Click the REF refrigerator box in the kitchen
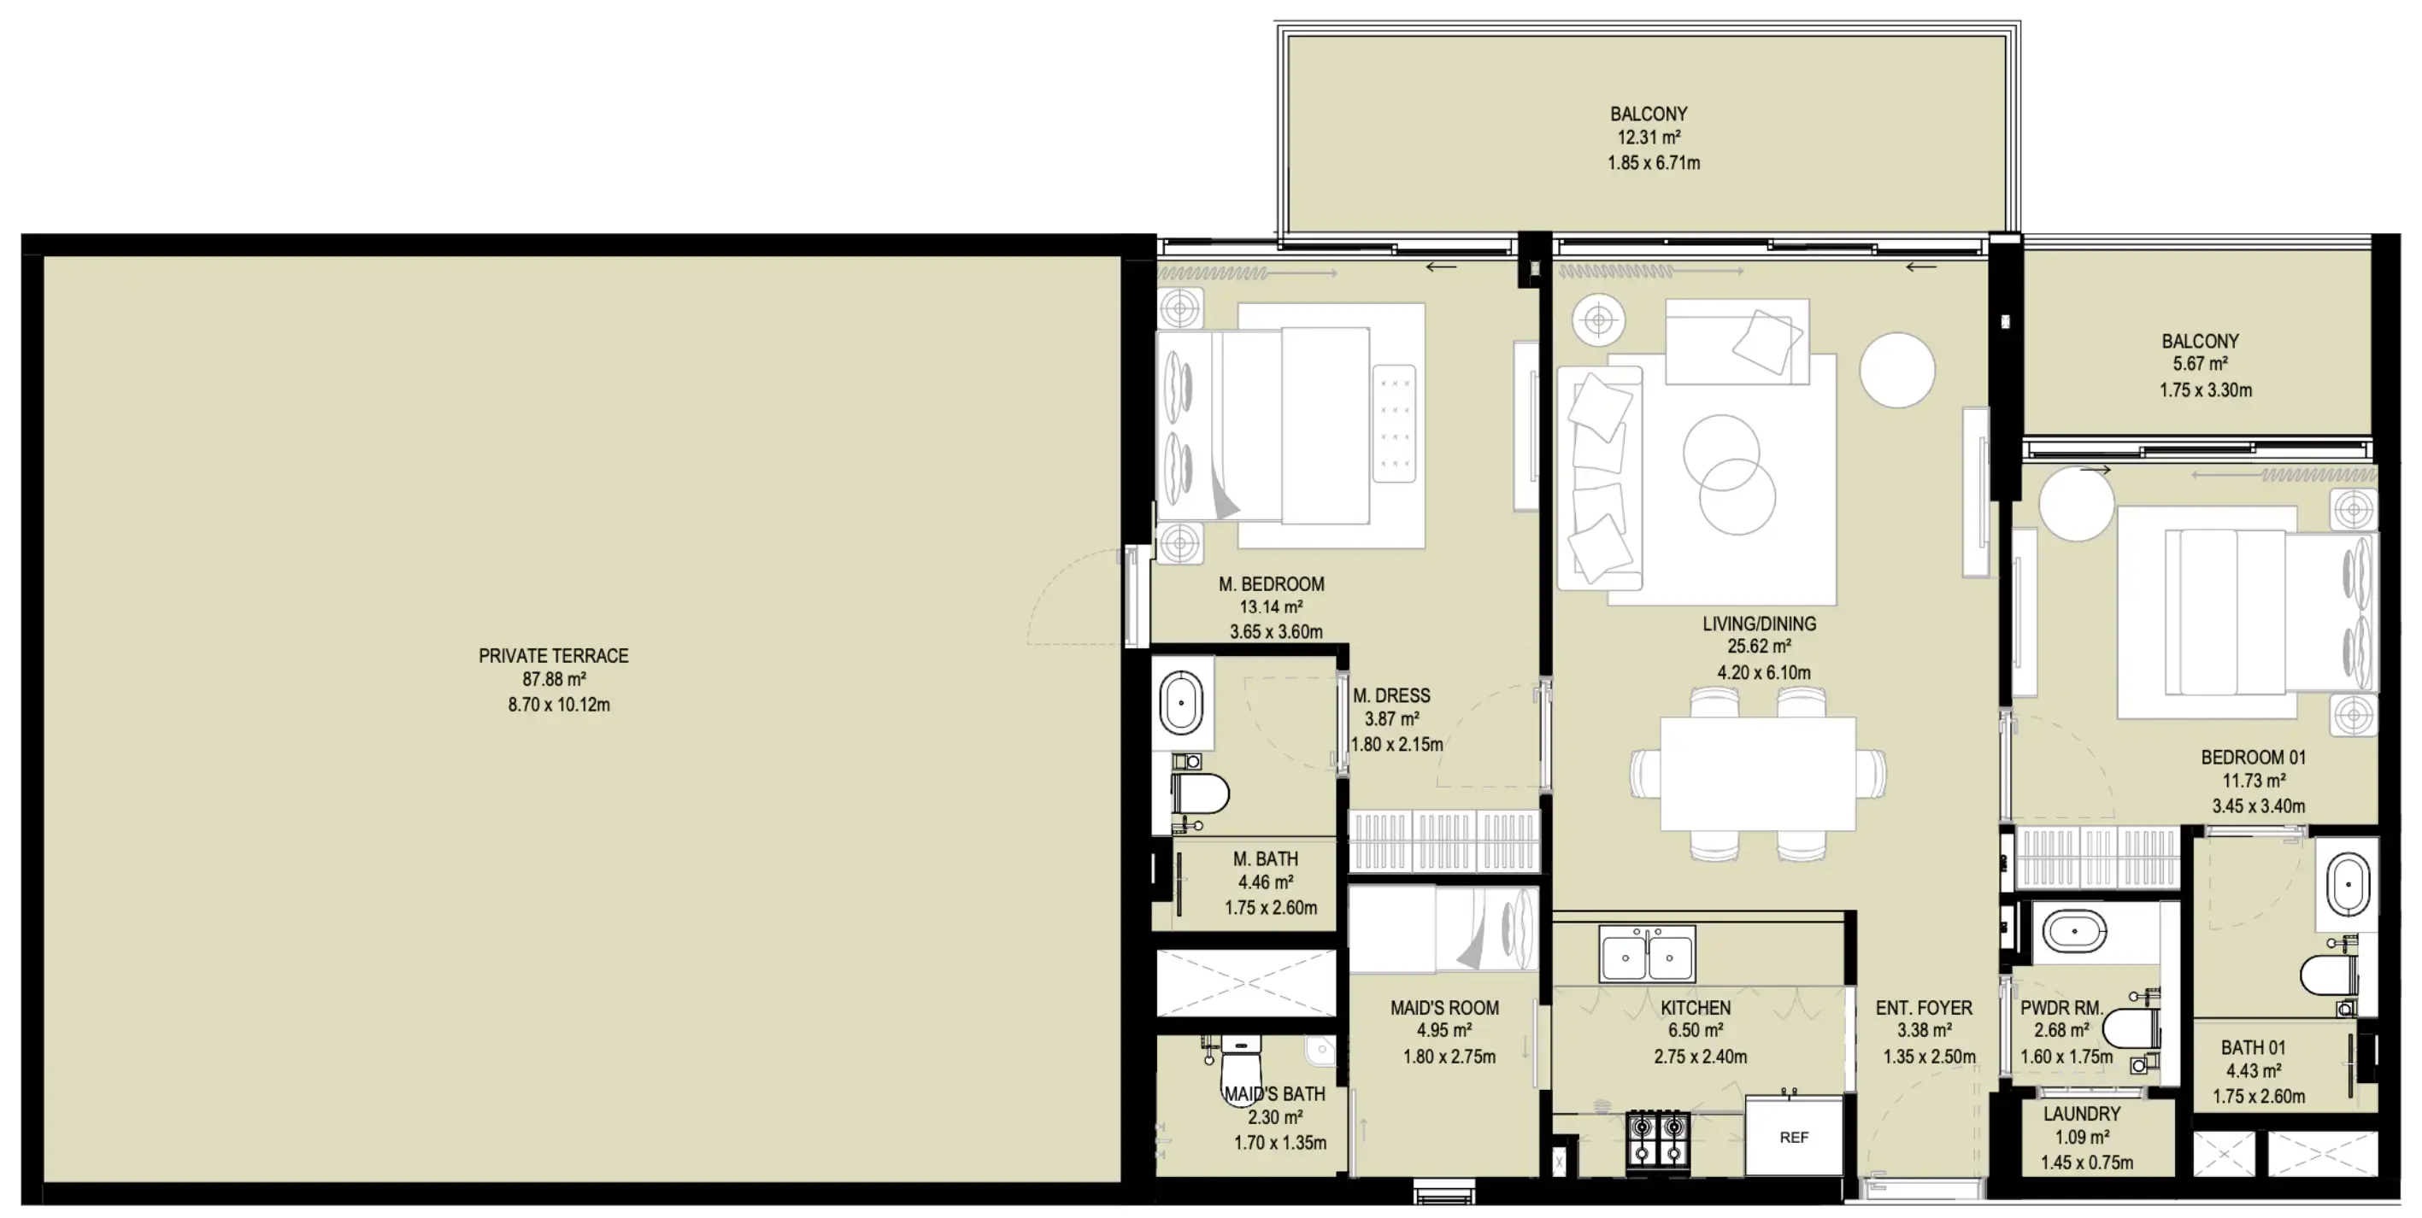[1793, 1136]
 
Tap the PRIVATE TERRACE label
[553, 656]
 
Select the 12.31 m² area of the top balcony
[1649, 138]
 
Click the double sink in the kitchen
[1647, 955]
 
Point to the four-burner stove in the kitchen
[1658, 1139]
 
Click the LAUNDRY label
[2082, 1114]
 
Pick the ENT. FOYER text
[1924, 1008]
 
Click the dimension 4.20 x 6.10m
[1763, 673]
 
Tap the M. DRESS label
[1390, 695]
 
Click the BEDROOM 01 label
[2253, 758]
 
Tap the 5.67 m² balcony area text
[2199, 365]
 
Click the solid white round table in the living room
[1896, 371]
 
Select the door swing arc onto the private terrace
[1067, 592]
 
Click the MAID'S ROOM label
[1444, 1008]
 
